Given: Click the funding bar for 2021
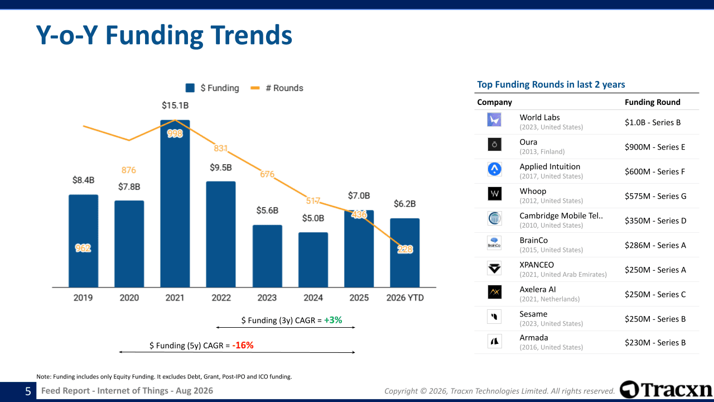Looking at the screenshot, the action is click(x=175, y=204).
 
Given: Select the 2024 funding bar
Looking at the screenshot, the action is click(x=313, y=260).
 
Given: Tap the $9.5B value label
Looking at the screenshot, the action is click(x=220, y=167).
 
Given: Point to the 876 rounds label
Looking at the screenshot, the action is click(x=129, y=170).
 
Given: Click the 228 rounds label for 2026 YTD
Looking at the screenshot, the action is click(x=405, y=249).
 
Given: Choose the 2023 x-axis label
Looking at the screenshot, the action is click(x=267, y=298).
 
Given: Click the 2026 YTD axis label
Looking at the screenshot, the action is click(x=405, y=298).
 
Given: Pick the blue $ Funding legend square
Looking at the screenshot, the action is click(x=190, y=88).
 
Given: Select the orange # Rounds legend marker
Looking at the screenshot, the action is click(x=255, y=88).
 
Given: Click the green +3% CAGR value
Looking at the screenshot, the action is click(x=333, y=320).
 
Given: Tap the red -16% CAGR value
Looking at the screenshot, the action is click(x=243, y=345).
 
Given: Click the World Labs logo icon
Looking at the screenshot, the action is click(x=494, y=119).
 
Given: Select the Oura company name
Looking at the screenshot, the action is click(x=528, y=142).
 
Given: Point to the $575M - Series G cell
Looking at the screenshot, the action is click(x=655, y=196).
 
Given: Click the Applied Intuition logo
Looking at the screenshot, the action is click(x=494, y=169).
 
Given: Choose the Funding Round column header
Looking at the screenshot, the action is click(x=653, y=102).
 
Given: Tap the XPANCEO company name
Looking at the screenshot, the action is click(x=537, y=265).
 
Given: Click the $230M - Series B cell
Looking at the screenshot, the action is click(x=655, y=343).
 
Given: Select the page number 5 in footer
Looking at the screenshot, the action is click(x=28, y=391).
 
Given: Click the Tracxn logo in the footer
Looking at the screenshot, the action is click(x=666, y=390).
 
